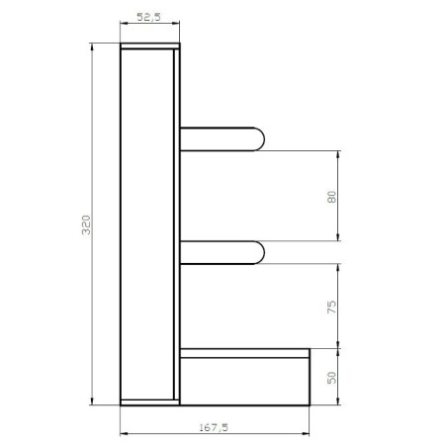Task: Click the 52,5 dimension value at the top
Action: (149, 17)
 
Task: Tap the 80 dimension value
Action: (330, 196)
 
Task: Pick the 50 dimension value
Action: (330, 377)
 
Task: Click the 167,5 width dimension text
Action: (213, 427)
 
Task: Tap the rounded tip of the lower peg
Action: (259, 252)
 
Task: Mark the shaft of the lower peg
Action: (218, 252)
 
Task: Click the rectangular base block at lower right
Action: (244, 381)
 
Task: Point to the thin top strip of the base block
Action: (244, 352)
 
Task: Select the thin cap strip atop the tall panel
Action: (149, 47)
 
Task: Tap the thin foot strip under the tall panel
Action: (149, 401)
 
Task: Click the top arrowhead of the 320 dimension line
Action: (92, 49)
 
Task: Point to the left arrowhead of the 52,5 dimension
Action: (125, 26)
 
